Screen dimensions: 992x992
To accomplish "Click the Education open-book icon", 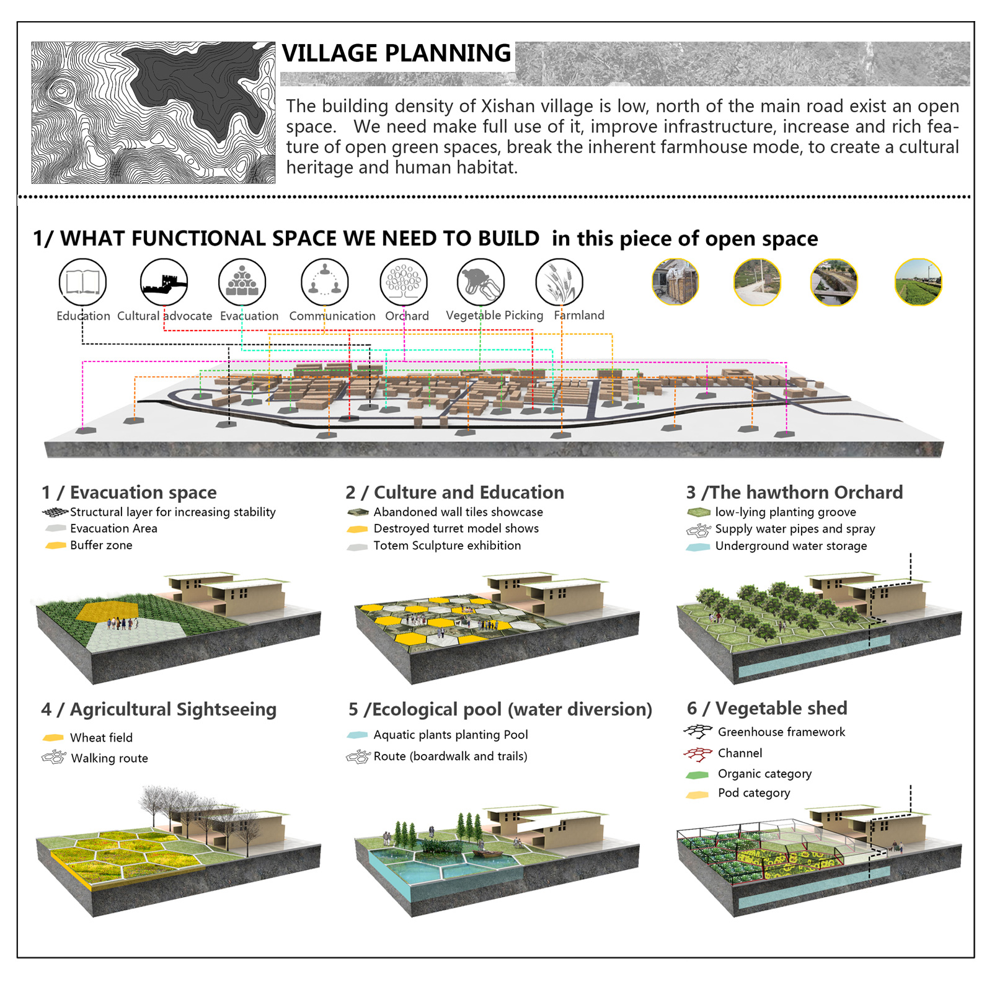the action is point(82,282).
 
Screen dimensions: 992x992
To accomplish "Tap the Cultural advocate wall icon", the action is point(164,282).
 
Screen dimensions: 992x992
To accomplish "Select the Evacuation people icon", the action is point(242,282).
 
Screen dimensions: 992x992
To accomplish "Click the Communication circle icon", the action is point(325,282).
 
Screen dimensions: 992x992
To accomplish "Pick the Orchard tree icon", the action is point(404,282).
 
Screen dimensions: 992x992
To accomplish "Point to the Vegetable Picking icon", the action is point(480,282).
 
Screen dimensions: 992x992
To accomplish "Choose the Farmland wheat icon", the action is point(559,282).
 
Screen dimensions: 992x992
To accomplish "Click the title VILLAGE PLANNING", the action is point(396,53).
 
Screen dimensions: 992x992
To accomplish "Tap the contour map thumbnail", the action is point(153,112).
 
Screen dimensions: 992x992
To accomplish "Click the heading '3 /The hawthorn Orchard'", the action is point(794,492).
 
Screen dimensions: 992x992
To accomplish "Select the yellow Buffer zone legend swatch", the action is point(56,546).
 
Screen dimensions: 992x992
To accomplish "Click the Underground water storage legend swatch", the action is point(698,547).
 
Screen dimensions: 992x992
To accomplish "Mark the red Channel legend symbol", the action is point(697,754).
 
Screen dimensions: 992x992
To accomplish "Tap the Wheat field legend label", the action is point(101,738).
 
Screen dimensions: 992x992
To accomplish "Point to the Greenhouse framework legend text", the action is point(781,732).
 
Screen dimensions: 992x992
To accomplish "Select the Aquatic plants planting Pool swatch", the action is point(358,735).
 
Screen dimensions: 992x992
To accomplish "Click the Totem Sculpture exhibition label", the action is point(447,546).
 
